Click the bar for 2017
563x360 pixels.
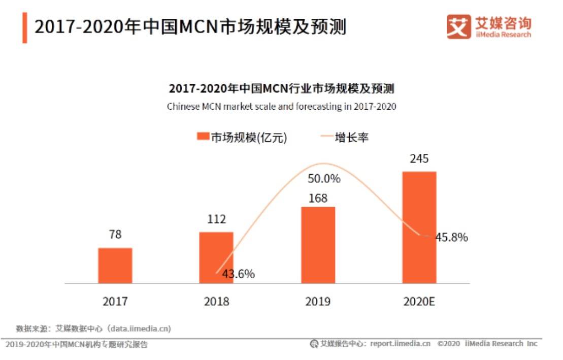pyautogui.click(x=115, y=266)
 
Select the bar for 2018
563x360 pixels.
pyautogui.click(x=216, y=257)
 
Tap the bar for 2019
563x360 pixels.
pyautogui.click(x=318, y=245)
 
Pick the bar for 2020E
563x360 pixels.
pyautogui.click(x=419, y=227)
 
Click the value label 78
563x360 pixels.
pyautogui.click(x=115, y=235)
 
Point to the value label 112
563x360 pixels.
pyautogui.click(x=216, y=219)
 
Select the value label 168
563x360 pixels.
pyautogui.click(x=318, y=198)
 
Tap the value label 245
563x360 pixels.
pyautogui.click(x=419, y=159)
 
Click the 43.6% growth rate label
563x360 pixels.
pyautogui.click(x=238, y=274)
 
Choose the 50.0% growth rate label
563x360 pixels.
pyautogui.click(x=324, y=179)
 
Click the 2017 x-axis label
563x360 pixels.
pyautogui.click(x=115, y=302)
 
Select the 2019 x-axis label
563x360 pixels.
pyautogui.click(x=318, y=302)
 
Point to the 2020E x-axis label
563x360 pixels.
pyautogui.click(x=419, y=302)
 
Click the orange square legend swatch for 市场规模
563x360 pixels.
pyautogui.click(x=203, y=137)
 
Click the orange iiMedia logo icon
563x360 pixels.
pyautogui.click(x=458, y=26)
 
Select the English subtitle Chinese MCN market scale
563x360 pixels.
pyautogui.click(x=281, y=107)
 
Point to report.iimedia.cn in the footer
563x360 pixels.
pyautogui.click(x=400, y=344)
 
